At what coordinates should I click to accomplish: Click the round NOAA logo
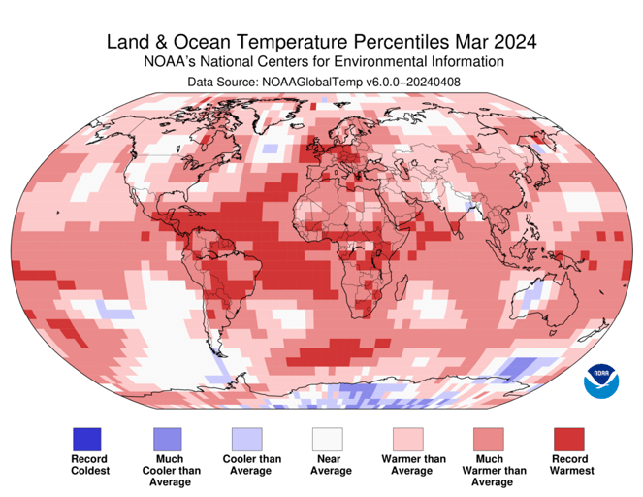pos(600,381)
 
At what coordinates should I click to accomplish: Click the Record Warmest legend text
pos(571,464)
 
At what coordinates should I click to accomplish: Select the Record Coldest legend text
pos(89,464)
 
